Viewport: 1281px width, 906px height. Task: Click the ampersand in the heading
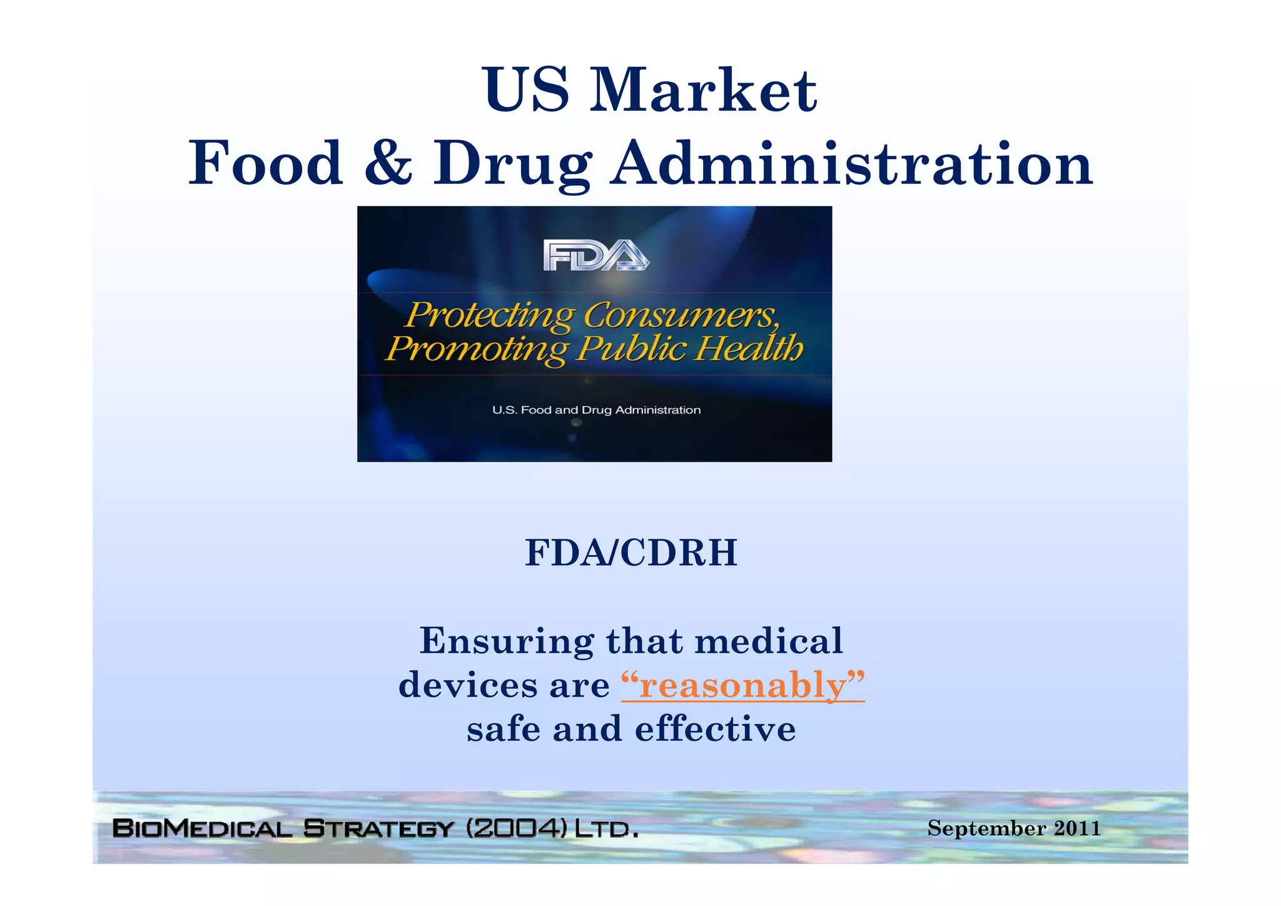pos(388,164)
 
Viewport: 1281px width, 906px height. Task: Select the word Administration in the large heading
pos(852,164)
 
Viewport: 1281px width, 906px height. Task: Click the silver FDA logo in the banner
pos(596,255)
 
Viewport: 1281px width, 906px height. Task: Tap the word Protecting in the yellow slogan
pos(489,315)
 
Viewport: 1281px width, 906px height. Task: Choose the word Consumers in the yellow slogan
pos(682,315)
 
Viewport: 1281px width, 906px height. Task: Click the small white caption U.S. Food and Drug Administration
pos(596,410)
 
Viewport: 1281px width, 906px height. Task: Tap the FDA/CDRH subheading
pos(631,553)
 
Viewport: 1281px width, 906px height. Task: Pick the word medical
pos(769,641)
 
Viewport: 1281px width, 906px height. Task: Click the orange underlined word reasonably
pos(743,686)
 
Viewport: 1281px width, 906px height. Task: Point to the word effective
pos(715,730)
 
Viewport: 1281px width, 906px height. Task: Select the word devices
pos(468,685)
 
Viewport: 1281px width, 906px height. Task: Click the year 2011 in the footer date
pos(1077,828)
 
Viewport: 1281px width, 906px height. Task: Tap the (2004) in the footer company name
pos(517,828)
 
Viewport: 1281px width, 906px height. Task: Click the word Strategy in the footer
pos(378,828)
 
